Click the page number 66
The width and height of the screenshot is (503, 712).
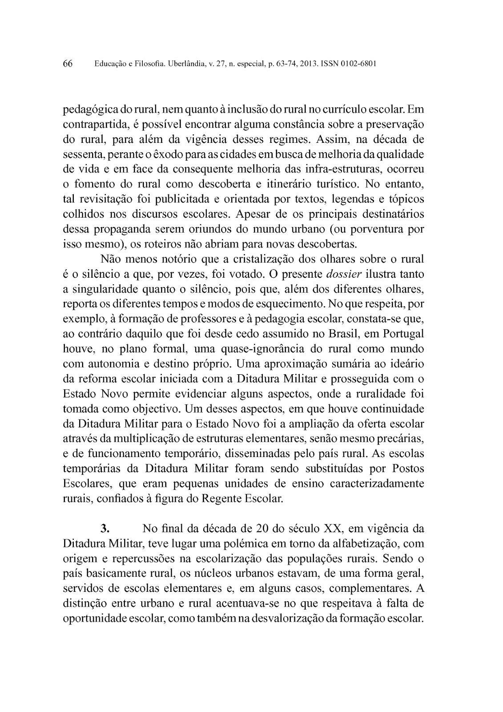tap(68, 64)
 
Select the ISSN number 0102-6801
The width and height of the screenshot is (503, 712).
tap(358, 64)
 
